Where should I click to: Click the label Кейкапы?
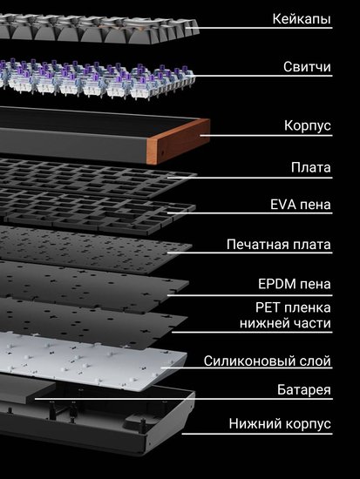pyautogui.click(x=302, y=19)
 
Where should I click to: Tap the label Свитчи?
pyautogui.click(x=307, y=66)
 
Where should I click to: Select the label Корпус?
pyautogui.click(x=308, y=125)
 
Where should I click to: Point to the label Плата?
pyautogui.click(x=311, y=167)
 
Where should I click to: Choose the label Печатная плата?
pyautogui.click(x=279, y=245)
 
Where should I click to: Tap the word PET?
pyautogui.click(x=268, y=307)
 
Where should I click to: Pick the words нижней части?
pyautogui.click(x=285, y=323)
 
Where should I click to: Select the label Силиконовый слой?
pyautogui.click(x=268, y=361)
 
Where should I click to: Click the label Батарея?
pyautogui.click(x=304, y=390)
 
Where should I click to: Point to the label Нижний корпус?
pyautogui.click(x=280, y=424)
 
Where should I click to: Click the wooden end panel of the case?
pyautogui.click(x=179, y=141)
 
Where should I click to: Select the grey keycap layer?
pyautogui.click(x=98, y=28)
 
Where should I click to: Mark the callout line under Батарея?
pyautogui.click(x=184, y=399)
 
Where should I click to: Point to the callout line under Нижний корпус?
pyautogui.click(x=257, y=433)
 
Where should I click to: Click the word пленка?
pyautogui.click(x=307, y=308)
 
